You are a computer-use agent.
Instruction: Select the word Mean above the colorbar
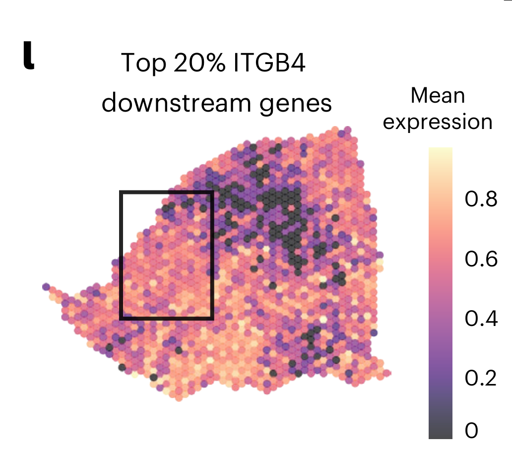pyautogui.click(x=438, y=96)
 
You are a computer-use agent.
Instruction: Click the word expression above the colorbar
pyautogui.click(x=438, y=122)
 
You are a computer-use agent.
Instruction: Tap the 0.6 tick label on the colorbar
pyautogui.click(x=481, y=259)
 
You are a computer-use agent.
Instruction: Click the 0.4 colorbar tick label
pyautogui.click(x=481, y=319)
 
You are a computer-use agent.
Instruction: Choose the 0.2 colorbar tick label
pyautogui.click(x=481, y=378)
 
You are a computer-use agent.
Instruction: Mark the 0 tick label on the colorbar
pyautogui.click(x=471, y=431)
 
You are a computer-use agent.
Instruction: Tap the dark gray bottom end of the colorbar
pyautogui.click(x=441, y=436)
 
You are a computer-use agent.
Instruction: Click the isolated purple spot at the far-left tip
pyautogui.click(x=46, y=287)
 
